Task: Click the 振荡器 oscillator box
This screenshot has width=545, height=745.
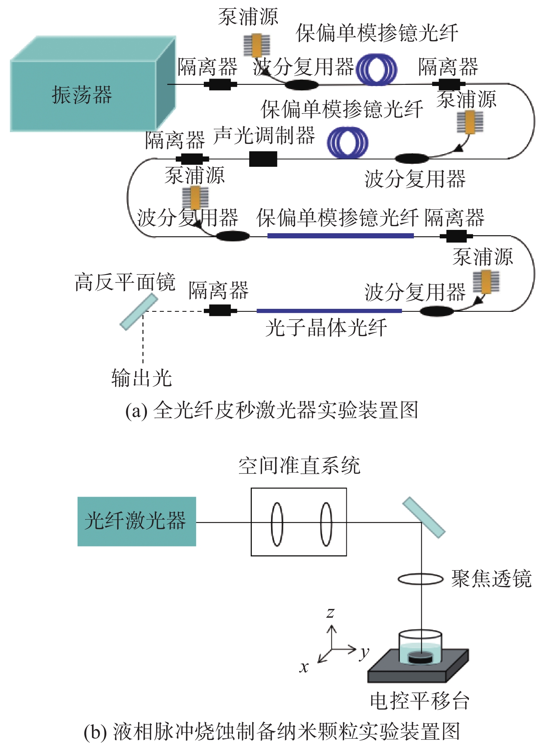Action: (x=93, y=84)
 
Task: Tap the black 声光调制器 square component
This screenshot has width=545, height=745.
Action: (x=263, y=159)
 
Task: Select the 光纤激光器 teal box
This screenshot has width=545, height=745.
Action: (x=137, y=521)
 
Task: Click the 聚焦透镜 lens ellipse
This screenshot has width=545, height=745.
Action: (x=420, y=579)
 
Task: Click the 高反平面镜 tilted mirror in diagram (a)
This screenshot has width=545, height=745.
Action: (x=139, y=312)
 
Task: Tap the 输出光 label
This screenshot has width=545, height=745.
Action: (x=142, y=377)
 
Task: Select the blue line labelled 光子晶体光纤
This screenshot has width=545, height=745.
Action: (x=329, y=311)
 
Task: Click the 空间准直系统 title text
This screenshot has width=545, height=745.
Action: (x=299, y=465)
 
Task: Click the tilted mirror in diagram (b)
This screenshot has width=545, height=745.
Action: (x=424, y=517)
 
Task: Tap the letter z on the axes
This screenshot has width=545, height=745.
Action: (x=330, y=613)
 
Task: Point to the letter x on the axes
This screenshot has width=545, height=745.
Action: (x=304, y=667)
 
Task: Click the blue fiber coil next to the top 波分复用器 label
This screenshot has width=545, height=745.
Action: (x=377, y=69)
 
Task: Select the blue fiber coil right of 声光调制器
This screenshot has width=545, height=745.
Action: (x=347, y=143)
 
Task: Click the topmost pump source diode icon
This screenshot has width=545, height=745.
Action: (x=257, y=45)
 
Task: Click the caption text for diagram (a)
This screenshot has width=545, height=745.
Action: (x=272, y=410)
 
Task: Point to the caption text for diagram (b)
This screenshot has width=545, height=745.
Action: (x=272, y=731)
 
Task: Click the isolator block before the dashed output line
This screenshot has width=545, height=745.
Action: (x=220, y=311)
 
